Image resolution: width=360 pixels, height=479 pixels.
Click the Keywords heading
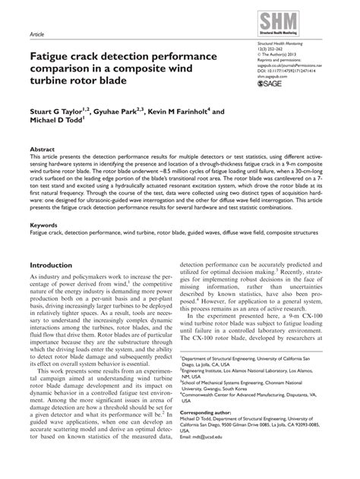click(x=44, y=225)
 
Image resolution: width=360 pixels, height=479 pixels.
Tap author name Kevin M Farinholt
click(x=189, y=112)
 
